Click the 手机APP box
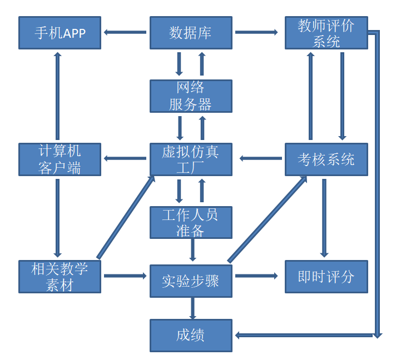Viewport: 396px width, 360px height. pos(60,33)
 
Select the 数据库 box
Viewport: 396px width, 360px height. pos(191,33)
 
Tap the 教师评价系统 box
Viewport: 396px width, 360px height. pos(326,33)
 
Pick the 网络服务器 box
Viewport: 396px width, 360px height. pos(191,96)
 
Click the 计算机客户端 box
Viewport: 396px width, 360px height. pos(60,159)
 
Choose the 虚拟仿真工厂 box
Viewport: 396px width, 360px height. pos(191,159)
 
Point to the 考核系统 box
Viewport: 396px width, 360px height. pos(326,159)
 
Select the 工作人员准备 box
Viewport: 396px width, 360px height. pos(191,223)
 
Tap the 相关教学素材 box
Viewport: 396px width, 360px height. pos(60,277)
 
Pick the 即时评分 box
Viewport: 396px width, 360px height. pos(326,277)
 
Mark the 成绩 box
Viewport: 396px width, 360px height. pos(191,335)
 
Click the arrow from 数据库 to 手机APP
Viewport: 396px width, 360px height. pos(126,32)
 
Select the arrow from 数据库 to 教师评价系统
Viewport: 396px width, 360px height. pos(256,32)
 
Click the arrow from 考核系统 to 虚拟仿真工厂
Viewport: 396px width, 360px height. pos(261,159)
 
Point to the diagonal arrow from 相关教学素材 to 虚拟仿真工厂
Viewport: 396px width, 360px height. pos(126,217)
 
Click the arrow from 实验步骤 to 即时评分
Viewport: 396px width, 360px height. pos(256,276)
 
